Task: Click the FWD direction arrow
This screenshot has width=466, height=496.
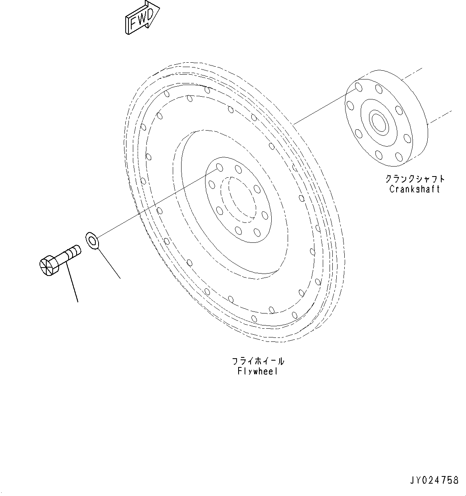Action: click(x=142, y=18)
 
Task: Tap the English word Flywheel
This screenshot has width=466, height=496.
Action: click(x=257, y=371)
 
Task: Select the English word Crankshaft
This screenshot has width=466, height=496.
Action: click(x=415, y=189)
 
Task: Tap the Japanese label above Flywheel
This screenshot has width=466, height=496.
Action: click(x=258, y=361)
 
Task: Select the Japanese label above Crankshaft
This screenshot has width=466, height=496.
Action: click(x=415, y=179)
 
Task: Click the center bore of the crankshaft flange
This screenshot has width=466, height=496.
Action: click(x=378, y=121)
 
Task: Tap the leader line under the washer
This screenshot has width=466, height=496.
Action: click(x=109, y=263)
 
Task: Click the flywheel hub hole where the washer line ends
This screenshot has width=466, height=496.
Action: click(x=219, y=167)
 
